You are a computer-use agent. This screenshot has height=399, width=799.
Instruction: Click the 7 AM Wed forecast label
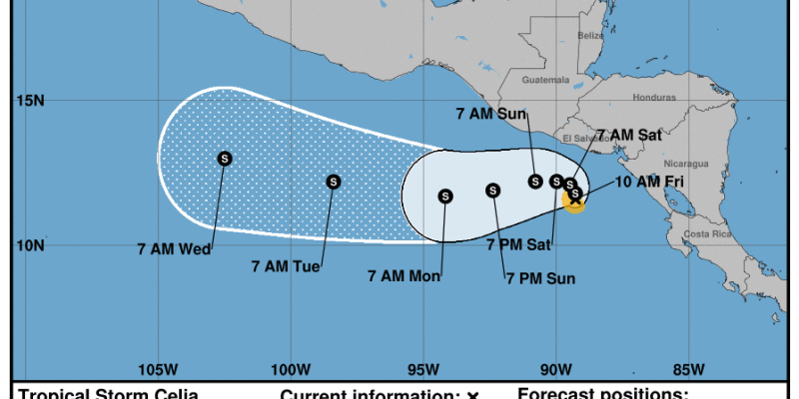[174, 249]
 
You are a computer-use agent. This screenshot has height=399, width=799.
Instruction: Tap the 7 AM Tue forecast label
[286, 265]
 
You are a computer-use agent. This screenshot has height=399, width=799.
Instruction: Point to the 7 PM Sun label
[540, 278]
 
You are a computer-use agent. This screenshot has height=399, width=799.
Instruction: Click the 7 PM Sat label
[518, 242]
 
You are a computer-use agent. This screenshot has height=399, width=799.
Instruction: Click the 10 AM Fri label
[649, 182]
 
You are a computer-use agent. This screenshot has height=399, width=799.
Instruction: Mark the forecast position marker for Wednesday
[225, 158]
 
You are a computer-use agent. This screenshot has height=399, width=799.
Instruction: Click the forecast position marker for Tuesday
[334, 182]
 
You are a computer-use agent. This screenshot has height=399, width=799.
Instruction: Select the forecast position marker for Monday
[445, 196]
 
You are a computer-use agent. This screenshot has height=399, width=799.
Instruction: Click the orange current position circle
[575, 200]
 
